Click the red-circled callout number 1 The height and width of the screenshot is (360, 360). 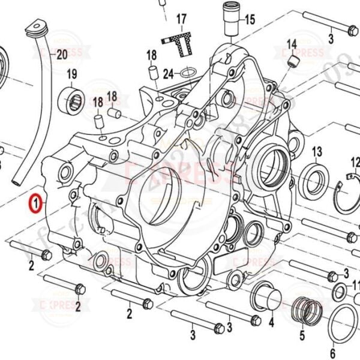pos(37,204)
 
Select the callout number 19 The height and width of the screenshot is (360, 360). pos(72,74)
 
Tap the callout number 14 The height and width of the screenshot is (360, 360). pos(292,44)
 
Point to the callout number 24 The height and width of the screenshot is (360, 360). pos(168,74)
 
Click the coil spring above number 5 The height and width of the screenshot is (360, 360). pos(305,310)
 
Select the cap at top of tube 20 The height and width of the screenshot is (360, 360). pos(37,29)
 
